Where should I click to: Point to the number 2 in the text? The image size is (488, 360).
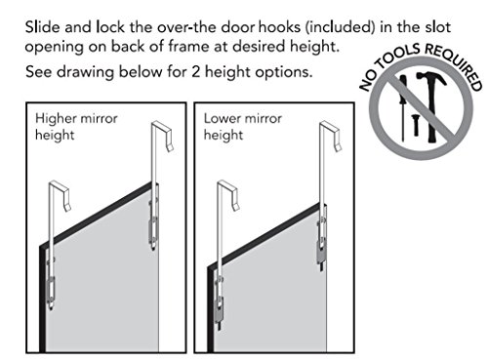point(195,71)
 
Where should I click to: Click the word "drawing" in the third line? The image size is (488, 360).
point(85,72)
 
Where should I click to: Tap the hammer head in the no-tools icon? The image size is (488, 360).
point(432,79)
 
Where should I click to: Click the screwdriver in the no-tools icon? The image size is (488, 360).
point(403,107)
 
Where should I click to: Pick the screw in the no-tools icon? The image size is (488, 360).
point(415,125)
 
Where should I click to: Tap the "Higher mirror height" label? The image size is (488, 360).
point(76,127)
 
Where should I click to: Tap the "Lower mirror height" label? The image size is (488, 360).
point(242,127)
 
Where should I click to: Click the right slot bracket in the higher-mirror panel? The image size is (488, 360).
point(153,224)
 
